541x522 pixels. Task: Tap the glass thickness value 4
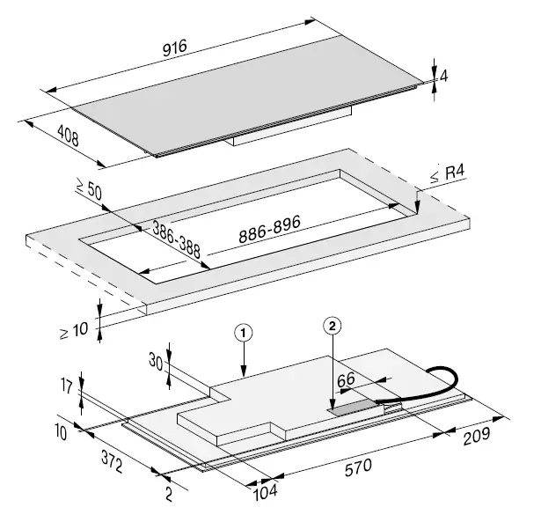pos(445,76)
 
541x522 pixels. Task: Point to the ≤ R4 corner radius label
pos(446,176)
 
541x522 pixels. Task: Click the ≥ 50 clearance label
pos(89,188)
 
